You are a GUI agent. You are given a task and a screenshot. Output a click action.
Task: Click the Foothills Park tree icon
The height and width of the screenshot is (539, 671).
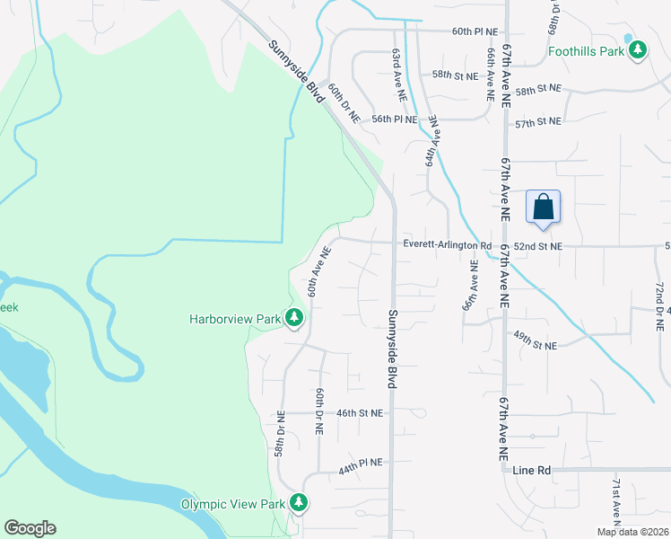tap(638, 51)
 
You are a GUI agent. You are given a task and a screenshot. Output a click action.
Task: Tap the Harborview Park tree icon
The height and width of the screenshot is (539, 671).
tap(293, 318)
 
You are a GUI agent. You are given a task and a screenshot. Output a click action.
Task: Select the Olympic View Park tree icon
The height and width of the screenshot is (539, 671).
tap(301, 505)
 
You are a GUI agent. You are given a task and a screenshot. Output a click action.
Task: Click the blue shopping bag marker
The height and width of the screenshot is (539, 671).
tap(544, 208)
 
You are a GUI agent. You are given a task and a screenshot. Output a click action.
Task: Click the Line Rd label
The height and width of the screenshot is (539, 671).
tap(532, 470)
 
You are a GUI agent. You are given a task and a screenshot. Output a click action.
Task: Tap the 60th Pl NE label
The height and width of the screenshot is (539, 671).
tap(475, 31)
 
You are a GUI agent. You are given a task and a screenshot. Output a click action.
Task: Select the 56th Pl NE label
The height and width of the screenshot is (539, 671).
tap(395, 119)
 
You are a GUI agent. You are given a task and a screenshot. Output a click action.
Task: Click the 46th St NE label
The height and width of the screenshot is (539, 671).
tap(360, 413)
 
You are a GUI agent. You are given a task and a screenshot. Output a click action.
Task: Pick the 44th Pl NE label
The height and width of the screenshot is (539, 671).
tap(361, 465)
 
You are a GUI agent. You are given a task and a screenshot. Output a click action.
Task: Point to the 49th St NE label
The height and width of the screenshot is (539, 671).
tap(535, 344)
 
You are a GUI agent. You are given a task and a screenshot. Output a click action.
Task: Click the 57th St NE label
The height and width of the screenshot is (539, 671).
tap(538, 121)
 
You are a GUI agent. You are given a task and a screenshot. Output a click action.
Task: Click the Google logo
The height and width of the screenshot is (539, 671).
tap(30, 528)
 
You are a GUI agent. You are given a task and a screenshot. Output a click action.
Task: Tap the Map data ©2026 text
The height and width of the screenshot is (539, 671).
tap(632, 532)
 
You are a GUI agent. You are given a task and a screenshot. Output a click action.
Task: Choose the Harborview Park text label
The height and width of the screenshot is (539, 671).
tap(235, 318)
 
